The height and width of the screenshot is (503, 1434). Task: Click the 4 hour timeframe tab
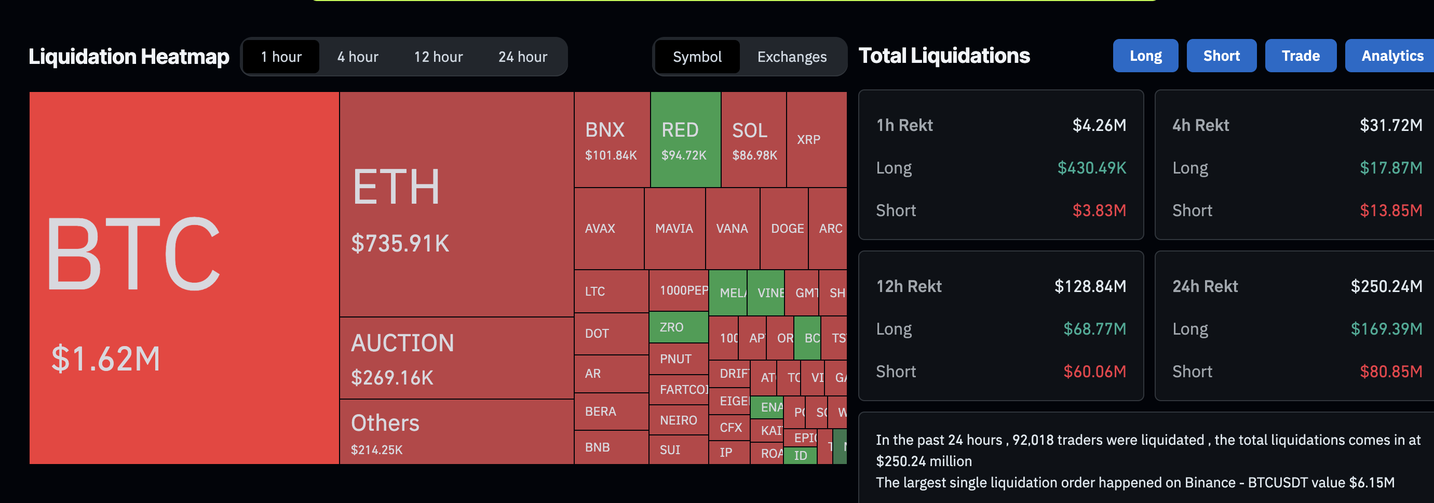click(357, 57)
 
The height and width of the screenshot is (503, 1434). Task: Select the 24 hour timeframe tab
click(522, 57)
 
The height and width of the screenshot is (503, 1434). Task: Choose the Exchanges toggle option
click(791, 57)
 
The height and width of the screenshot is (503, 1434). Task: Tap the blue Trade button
click(1300, 56)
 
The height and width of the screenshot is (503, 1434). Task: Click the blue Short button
click(1221, 56)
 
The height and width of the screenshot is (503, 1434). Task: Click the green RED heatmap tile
click(685, 139)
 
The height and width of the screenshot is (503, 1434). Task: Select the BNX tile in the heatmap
click(611, 139)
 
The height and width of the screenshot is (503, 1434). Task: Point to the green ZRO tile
click(678, 327)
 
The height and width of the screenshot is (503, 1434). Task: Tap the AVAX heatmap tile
click(608, 229)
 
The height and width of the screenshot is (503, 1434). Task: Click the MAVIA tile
click(673, 229)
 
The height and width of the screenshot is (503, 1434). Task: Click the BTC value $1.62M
click(106, 358)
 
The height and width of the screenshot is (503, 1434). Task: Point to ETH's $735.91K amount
click(400, 243)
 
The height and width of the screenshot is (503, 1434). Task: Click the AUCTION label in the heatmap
click(402, 343)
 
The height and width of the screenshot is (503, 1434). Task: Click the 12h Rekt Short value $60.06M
click(1094, 372)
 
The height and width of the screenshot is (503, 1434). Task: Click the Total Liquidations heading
click(943, 56)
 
